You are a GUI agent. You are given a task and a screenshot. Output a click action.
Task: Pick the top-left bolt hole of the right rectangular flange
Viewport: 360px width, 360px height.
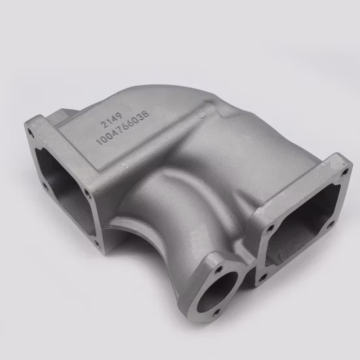(x=270, y=230)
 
